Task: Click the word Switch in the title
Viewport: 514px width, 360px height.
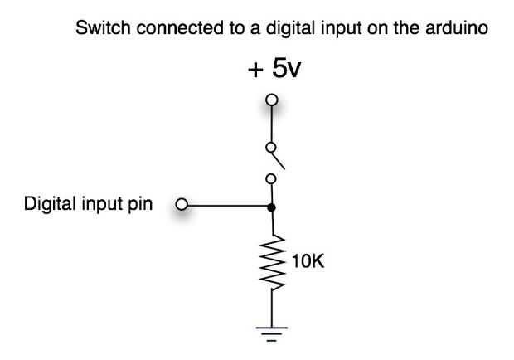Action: pyautogui.click(x=97, y=28)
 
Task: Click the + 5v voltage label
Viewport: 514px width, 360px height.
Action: pyautogui.click(x=274, y=69)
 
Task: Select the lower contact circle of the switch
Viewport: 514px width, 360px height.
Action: pyautogui.click(x=270, y=178)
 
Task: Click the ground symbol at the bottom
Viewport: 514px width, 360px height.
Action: pyautogui.click(x=271, y=333)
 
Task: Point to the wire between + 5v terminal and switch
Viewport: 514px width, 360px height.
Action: pyautogui.click(x=270, y=124)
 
